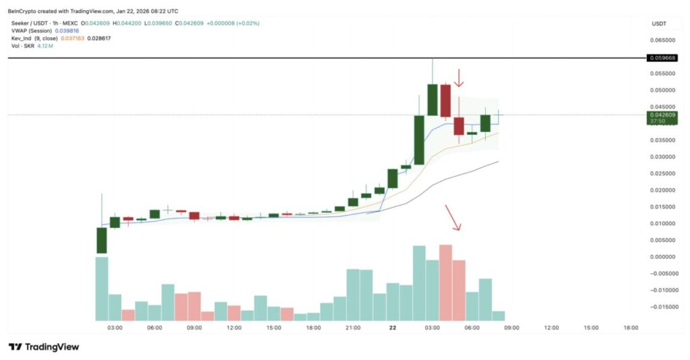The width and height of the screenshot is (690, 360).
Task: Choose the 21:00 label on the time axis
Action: (x=352, y=328)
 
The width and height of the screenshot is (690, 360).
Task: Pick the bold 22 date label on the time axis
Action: (x=392, y=328)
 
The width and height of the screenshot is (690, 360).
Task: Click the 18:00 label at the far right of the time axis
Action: (x=631, y=328)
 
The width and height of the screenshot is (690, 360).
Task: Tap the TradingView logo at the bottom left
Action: (x=44, y=347)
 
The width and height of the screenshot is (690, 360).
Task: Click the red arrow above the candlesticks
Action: (x=459, y=78)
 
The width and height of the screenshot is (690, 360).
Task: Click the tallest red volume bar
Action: (x=445, y=282)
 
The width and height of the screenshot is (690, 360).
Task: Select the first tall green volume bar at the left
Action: (x=102, y=289)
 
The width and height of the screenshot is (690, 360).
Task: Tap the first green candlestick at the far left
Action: (x=102, y=240)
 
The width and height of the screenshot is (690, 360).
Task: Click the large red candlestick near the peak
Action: (x=445, y=100)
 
